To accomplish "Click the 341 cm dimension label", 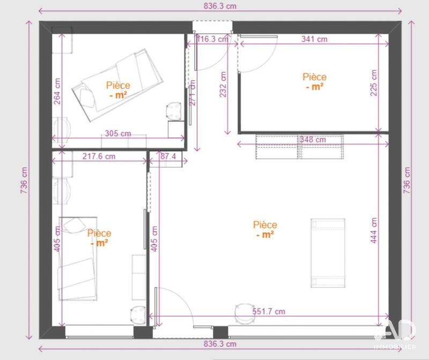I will [315, 39].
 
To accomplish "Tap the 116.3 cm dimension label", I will [212, 39].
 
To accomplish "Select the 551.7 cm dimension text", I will [269, 311].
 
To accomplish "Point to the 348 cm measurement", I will [313, 139].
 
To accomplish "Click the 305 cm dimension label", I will [118, 133].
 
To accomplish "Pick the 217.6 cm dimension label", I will [99, 157].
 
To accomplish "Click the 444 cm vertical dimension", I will [374, 230].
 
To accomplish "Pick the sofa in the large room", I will [328, 253].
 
